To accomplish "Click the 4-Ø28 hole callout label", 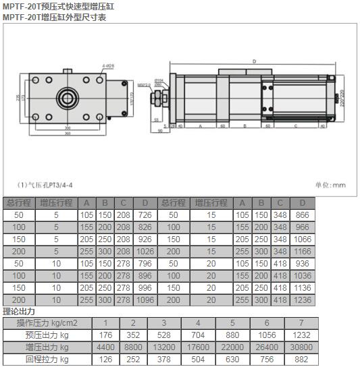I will [x=108, y=65].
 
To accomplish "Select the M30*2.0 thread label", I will [x=144, y=86].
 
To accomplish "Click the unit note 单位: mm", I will [x=330, y=184].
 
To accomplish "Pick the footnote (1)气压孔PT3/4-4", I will [x=45, y=184].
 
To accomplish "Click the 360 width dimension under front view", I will [x=68, y=133].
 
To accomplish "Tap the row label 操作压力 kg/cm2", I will [x=47, y=323].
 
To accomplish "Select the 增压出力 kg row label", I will [x=47, y=347].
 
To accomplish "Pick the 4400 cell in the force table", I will [x=105, y=347].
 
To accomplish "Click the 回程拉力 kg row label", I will [x=47, y=360].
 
